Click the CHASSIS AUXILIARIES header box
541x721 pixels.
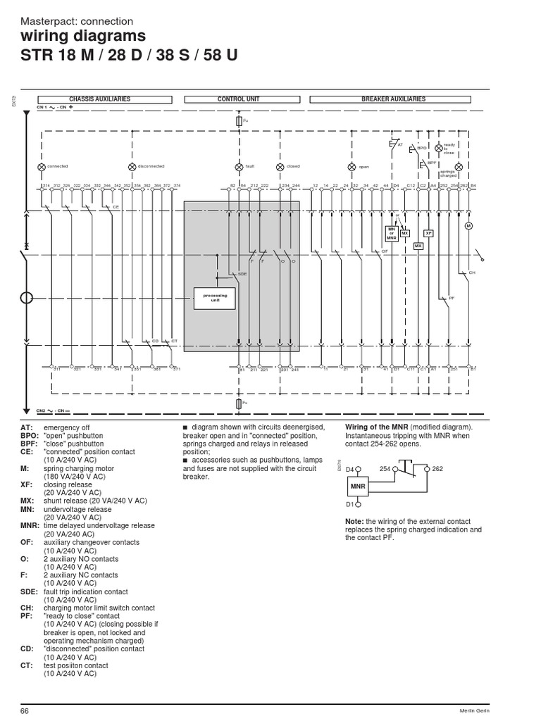coord(99,100)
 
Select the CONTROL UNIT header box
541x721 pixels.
coord(238,100)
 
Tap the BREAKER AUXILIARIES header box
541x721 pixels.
coord(393,100)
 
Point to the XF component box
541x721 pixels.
coord(428,233)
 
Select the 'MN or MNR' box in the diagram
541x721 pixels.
coord(392,234)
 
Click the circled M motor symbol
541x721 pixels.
coord(468,226)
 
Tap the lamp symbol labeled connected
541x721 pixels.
coord(41,166)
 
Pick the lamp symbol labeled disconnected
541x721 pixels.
coord(132,166)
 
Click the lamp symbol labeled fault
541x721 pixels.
coord(239,166)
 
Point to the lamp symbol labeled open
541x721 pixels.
coord(352,167)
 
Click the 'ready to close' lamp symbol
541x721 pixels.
coord(438,149)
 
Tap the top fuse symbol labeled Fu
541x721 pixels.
coord(239,122)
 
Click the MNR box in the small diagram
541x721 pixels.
coord(357,486)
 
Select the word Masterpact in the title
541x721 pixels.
coord(46,21)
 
